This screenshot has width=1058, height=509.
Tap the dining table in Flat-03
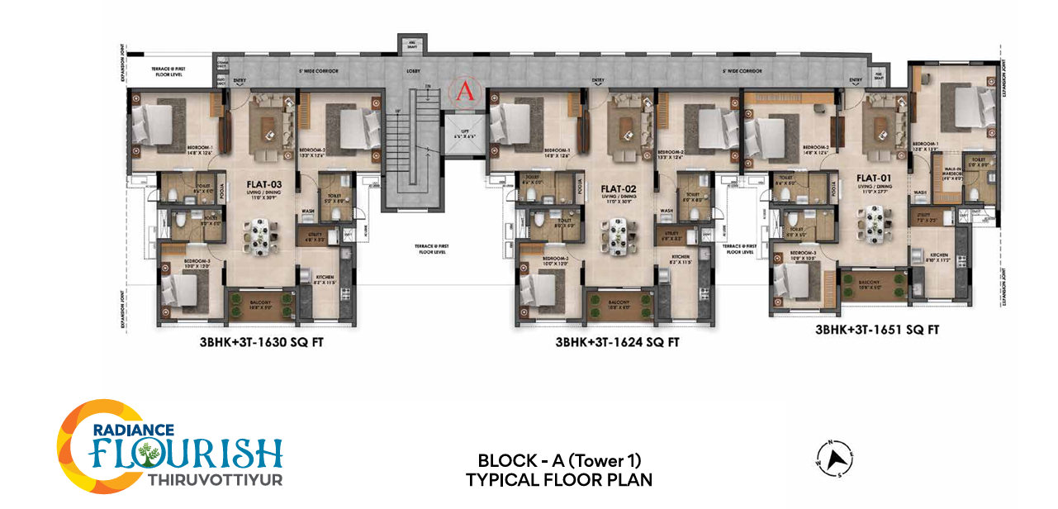[x=259, y=234]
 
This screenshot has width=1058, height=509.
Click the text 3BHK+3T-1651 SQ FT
[x=877, y=329]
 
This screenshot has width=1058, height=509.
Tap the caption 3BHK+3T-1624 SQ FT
[x=618, y=341]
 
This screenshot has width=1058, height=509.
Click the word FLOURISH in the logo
[x=187, y=454]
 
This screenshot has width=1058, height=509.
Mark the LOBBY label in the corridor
[x=414, y=72]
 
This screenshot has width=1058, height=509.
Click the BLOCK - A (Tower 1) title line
[x=559, y=460]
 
